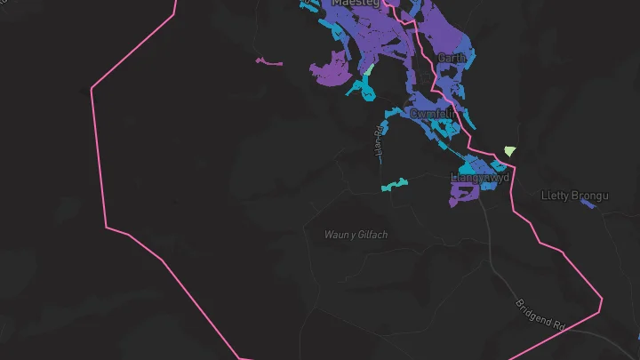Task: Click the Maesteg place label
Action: [x=355, y=4]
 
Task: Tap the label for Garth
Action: [x=452, y=58]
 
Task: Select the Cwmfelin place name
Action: [x=433, y=114]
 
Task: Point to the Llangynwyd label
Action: [x=480, y=178]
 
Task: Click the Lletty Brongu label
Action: [x=574, y=195]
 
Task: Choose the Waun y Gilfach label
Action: [x=356, y=235]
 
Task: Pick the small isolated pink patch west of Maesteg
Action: [x=268, y=62]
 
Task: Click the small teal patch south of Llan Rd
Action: [x=395, y=184]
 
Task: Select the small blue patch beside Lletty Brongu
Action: [x=588, y=204]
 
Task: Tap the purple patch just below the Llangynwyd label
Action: [x=463, y=193]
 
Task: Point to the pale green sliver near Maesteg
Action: [x=367, y=68]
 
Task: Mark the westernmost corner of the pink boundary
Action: [x=92, y=88]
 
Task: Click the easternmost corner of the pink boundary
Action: [x=602, y=300]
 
